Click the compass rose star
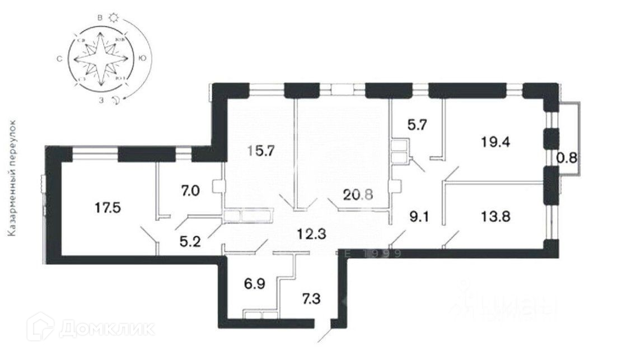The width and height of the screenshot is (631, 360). (100, 58)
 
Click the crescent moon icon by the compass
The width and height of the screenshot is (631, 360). (115, 101)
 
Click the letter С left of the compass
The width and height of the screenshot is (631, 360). (58, 58)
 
